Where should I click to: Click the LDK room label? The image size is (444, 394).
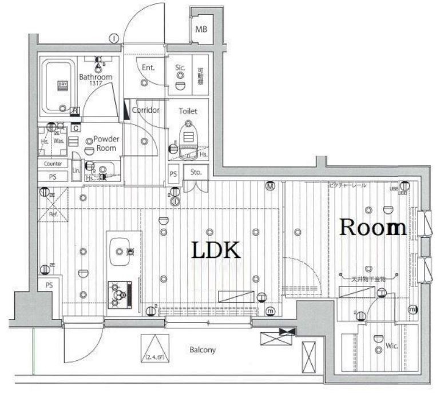(x=215, y=250)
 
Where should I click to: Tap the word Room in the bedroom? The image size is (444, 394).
(x=373, y=228)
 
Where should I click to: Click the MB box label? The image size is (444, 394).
(x=201, y=29)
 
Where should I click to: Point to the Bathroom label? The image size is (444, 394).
(x=96, y=77)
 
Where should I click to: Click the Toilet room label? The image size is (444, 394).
(x=188, y=111)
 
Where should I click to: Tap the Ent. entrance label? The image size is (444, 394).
(x=148, y=67)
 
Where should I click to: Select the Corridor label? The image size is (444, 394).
(x=145, y=110)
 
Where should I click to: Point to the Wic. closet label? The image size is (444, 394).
(x=392, y=345)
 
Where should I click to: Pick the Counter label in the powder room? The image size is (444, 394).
(x=52, y=164)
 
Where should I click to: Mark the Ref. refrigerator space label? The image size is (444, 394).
(x=53, y=214)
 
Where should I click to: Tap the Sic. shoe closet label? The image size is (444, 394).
(x=180, y=67)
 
